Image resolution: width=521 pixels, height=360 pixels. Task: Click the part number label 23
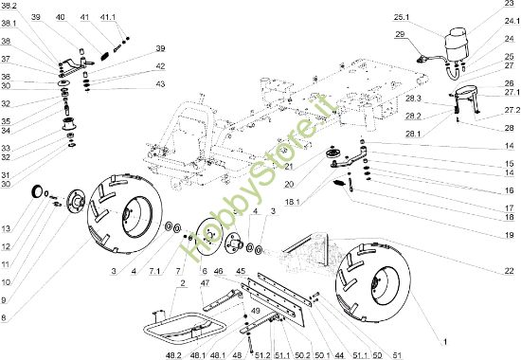(509, 4)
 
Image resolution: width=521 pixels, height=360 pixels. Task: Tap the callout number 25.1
(402, 17)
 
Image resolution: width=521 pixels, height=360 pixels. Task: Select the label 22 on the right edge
(509, 271)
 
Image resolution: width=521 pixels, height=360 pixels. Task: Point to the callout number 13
(6, 228)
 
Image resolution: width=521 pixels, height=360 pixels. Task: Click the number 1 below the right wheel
(445, 342)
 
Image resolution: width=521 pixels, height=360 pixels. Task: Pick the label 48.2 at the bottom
(173, 355)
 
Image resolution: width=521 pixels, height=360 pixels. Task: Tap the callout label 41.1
(108, 17)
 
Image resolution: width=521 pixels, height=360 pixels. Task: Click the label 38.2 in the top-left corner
(9, 6)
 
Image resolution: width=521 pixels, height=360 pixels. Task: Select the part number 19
(509, 235)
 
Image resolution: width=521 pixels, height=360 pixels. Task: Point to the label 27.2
(512, 110)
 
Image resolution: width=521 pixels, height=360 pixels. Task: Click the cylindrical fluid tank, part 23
(457, 45)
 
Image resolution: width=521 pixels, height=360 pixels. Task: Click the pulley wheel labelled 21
(332, 154)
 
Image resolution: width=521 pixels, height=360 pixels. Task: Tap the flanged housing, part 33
(69, 123)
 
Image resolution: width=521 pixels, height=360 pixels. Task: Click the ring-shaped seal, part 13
(37, 191)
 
